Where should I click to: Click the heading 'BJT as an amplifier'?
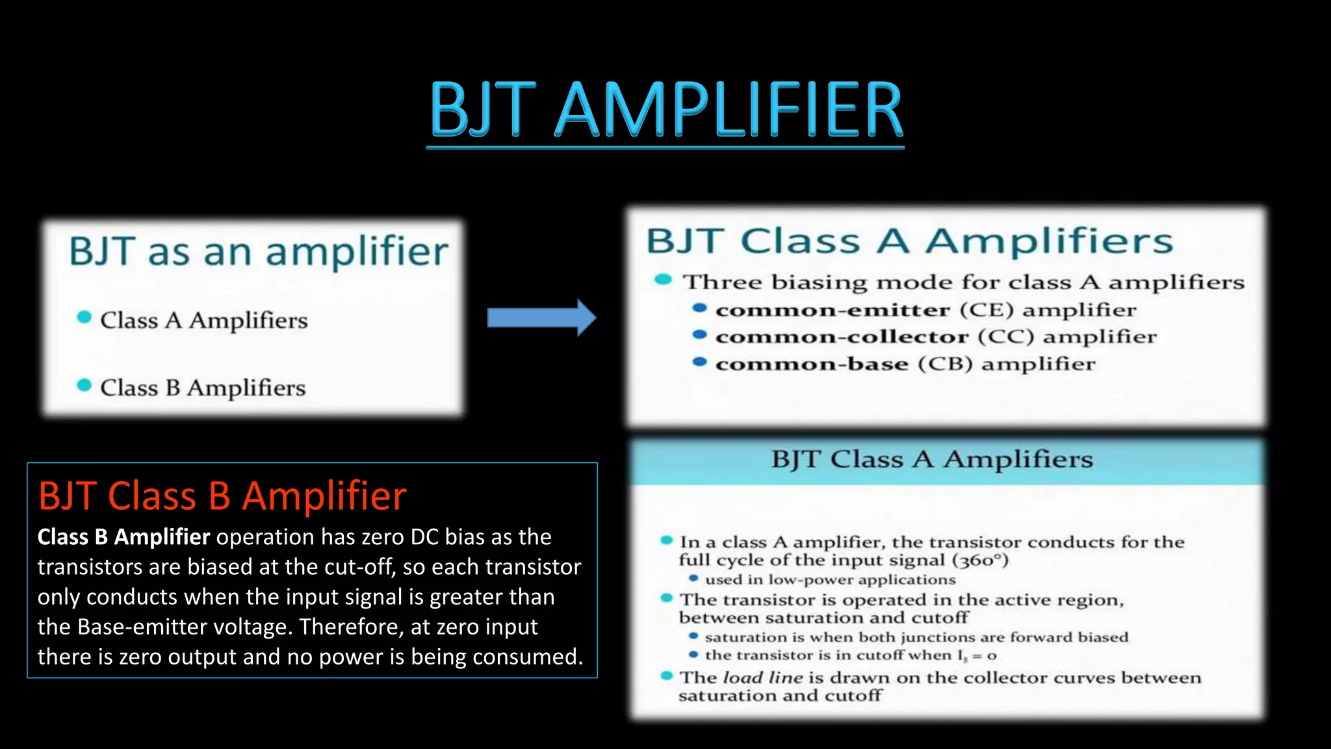point(259,252)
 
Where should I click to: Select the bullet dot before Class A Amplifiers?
point(84,317)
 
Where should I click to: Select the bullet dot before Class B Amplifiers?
point(84,385)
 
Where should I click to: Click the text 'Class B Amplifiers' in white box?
point(203,388)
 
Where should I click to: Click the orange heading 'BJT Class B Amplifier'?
point(222,496)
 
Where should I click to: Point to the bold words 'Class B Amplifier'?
point(123,537)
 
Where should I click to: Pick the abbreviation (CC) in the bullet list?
point(1005,336)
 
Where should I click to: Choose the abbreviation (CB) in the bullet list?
point(945,363)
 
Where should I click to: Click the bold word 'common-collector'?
point(842,337)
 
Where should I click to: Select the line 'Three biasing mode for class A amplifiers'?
point(963,282)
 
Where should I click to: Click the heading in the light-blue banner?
point(932,459)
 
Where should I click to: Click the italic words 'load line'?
point(763,677)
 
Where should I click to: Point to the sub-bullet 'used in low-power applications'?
point(830,579)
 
